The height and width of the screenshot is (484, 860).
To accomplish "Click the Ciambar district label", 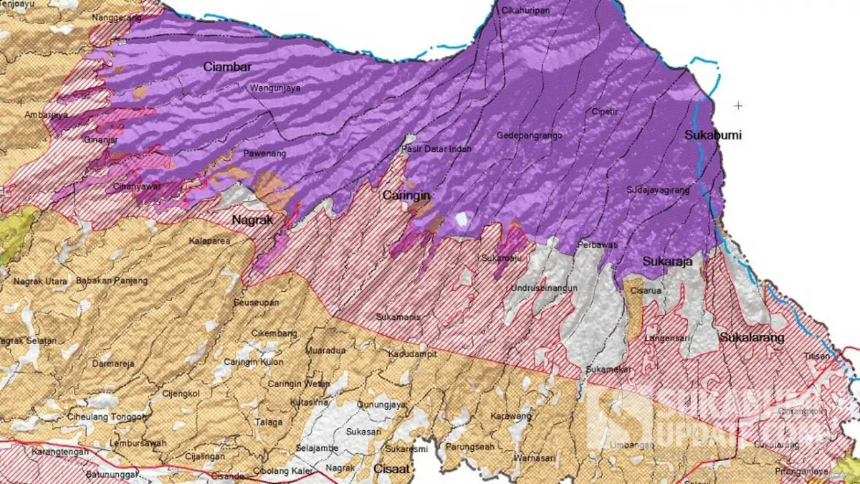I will [x=227, y=67].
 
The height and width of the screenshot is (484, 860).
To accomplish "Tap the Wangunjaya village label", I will [x=274, y=89].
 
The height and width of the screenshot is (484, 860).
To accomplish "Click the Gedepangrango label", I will [x=529, y=135].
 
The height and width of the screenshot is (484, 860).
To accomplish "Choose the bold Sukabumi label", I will [x=712, y=135].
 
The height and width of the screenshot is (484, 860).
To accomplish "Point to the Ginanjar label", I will [x=100, y=139].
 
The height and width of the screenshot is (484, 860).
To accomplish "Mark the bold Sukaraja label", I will [x=666, y=262].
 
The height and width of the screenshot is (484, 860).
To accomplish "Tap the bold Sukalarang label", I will [x=752, y=337].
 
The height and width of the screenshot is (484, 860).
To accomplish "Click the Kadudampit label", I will [x=412, y=353].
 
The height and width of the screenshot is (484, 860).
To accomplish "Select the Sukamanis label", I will [x=397, y=316].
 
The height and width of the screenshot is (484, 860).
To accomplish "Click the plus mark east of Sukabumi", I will [x=738, y=105].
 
